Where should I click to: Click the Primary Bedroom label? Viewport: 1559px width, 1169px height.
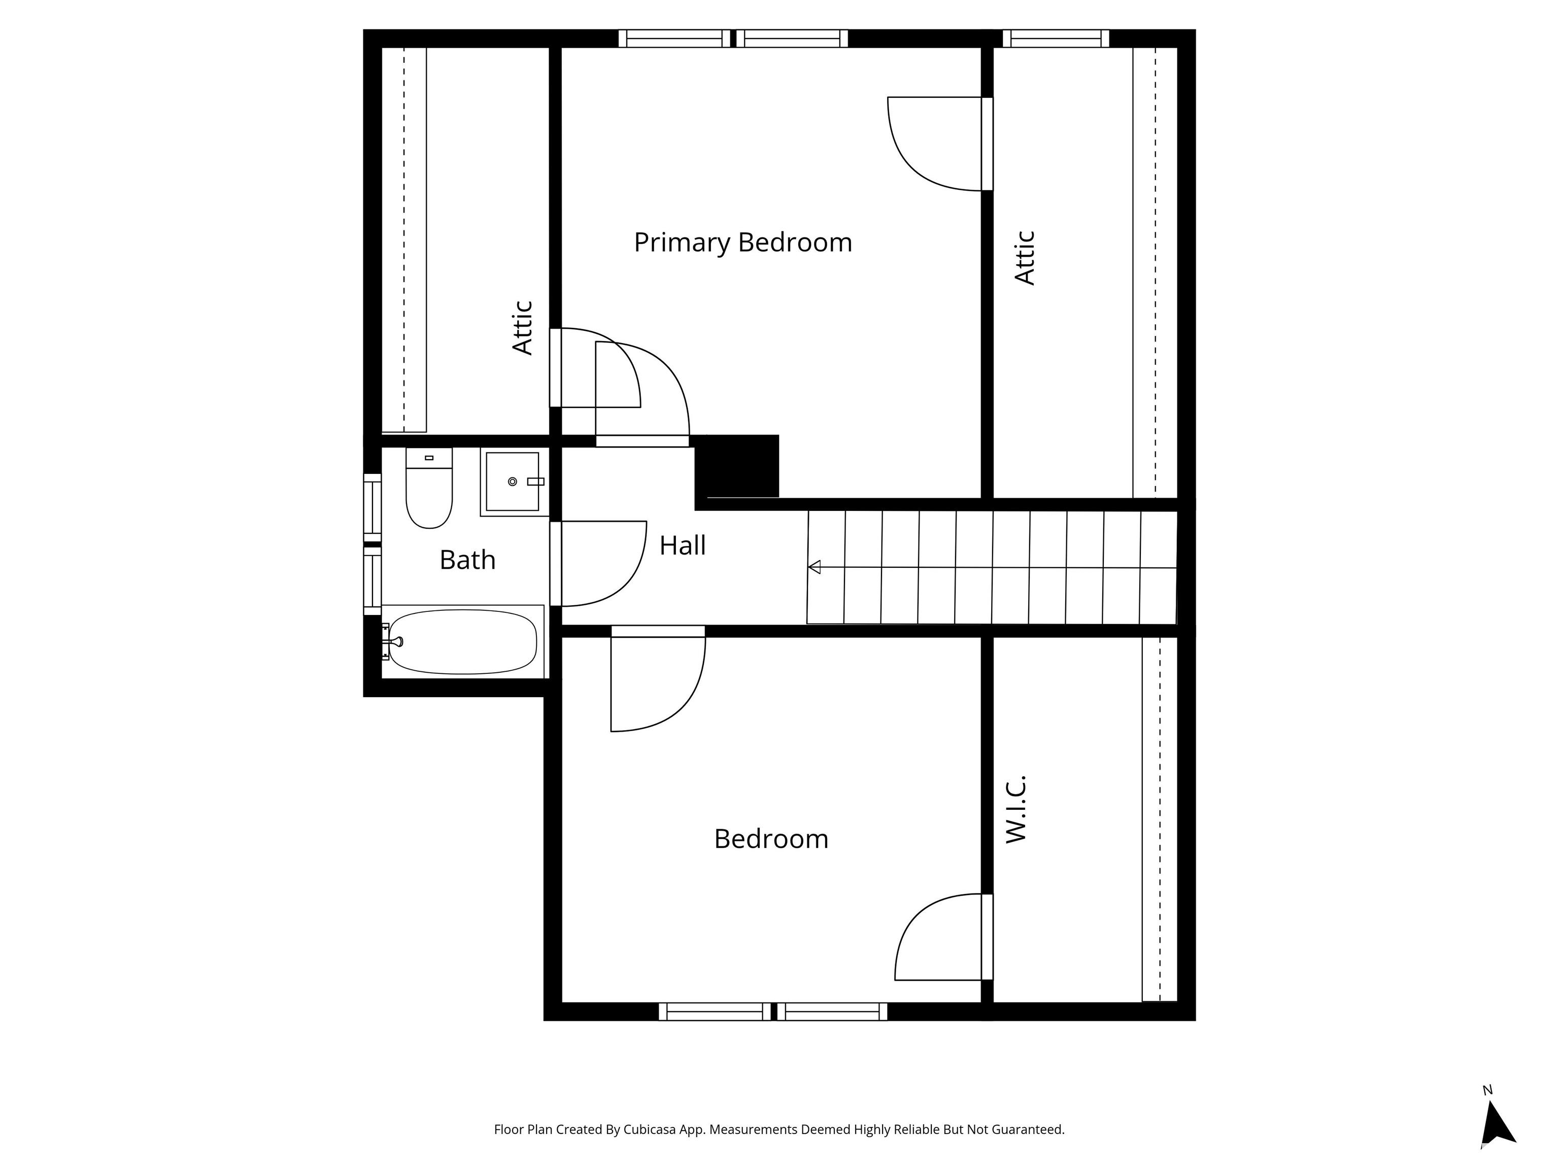tap(743, 243)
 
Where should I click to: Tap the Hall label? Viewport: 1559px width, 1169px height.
tap(682, 545)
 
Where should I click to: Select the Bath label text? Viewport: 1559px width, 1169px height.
tap(467, 560)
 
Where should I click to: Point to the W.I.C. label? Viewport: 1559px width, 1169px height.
tap(1015, 809)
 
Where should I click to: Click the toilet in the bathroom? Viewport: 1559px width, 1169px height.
tap(429, 488)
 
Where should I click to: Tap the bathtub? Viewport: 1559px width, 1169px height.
tap(463, 641)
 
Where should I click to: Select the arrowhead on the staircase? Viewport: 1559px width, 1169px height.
tap(814, 567)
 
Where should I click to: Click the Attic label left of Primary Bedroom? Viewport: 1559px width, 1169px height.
tap(522, 328)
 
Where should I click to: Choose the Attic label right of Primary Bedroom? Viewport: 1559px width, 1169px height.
tap(1025, 258)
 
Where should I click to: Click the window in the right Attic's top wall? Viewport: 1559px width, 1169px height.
tap(1056, 38)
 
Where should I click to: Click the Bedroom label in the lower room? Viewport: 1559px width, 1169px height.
tap(771, 839)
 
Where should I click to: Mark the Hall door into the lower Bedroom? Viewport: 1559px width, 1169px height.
tap(658, 678)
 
